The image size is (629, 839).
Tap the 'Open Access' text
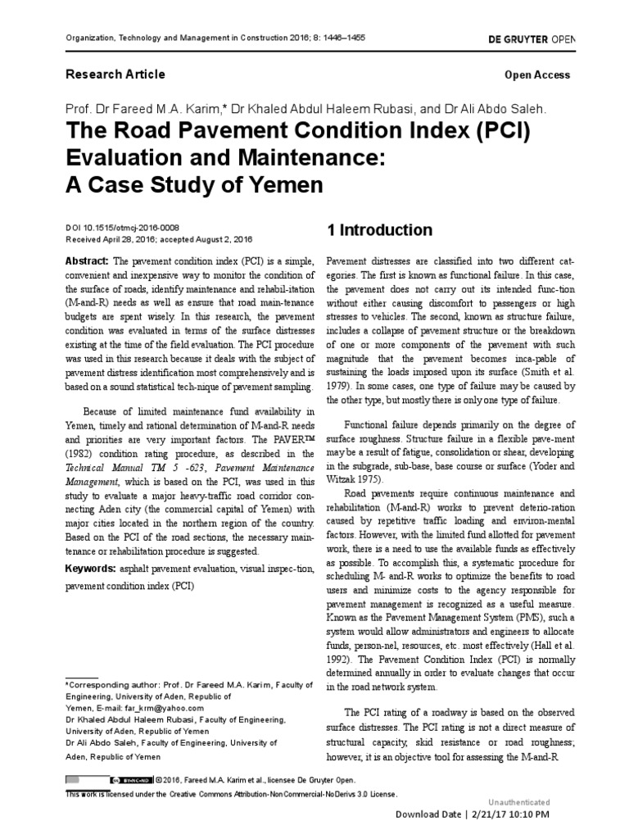coord(537,75)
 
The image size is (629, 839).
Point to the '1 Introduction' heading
coord(379,229)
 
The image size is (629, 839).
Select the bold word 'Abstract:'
coord(86,260)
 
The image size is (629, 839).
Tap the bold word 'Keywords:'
coord(89,568)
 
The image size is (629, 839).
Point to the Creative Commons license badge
coord(129,781)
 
